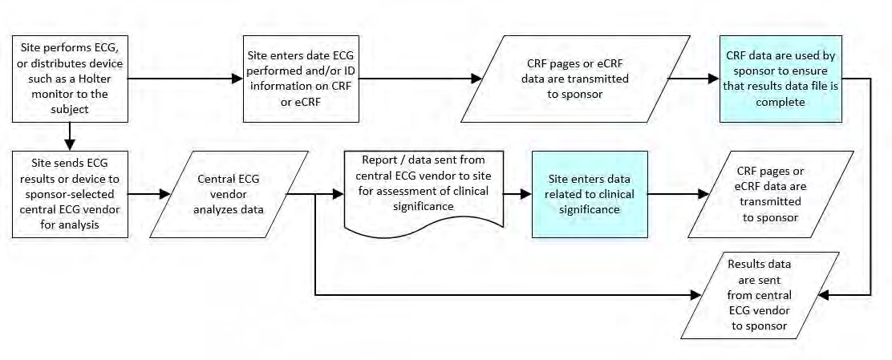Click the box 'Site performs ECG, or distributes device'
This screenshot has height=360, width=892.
(70, 79)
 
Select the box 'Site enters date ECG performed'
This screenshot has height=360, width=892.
(301, 79)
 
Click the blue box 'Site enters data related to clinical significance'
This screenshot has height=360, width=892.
(590, 194)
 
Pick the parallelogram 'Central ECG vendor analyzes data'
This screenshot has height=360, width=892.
(229, 194)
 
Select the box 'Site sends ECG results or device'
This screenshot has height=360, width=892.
(70, 194)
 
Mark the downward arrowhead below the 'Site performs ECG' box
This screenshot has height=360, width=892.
(70, 144)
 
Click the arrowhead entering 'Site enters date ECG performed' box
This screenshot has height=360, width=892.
(237, 79)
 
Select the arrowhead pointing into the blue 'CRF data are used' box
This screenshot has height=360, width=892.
(713, 79)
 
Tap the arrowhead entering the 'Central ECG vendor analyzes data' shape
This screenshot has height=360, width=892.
(164, 194)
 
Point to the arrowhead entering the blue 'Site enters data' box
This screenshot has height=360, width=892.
(525, 194)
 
